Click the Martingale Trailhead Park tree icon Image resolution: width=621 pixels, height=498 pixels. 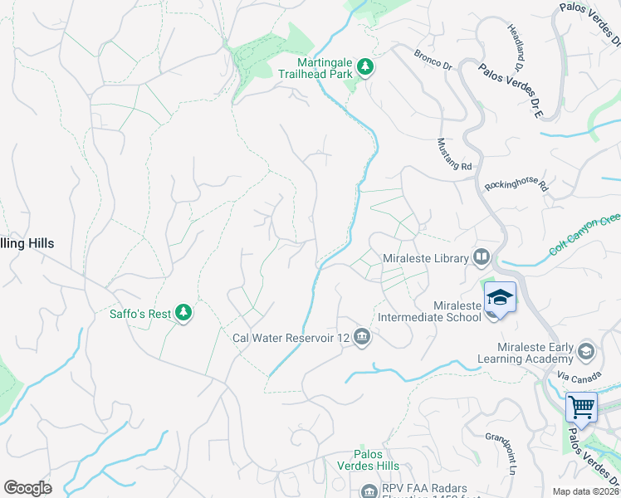pos(364,66)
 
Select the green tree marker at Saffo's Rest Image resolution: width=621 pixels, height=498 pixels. pos(183,313)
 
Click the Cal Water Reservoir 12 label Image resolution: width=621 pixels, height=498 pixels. pos(290,338)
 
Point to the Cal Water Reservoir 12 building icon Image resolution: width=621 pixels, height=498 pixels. pos(361,337)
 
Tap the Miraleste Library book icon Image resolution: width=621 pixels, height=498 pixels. pos(481,258)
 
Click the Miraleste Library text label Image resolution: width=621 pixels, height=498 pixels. pos(426,259)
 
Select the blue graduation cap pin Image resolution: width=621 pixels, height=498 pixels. pos(501,296)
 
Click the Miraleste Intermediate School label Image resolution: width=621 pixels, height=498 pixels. pos(430,311)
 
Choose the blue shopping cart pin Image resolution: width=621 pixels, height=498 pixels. pos(582,408)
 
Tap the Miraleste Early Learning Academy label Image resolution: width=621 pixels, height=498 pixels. pos(525,353)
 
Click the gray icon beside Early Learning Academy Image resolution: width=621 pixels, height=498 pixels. pos(586,352)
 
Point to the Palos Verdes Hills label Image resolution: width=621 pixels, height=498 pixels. pos(376,460)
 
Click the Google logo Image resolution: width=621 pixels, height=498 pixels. pos(27,488)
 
